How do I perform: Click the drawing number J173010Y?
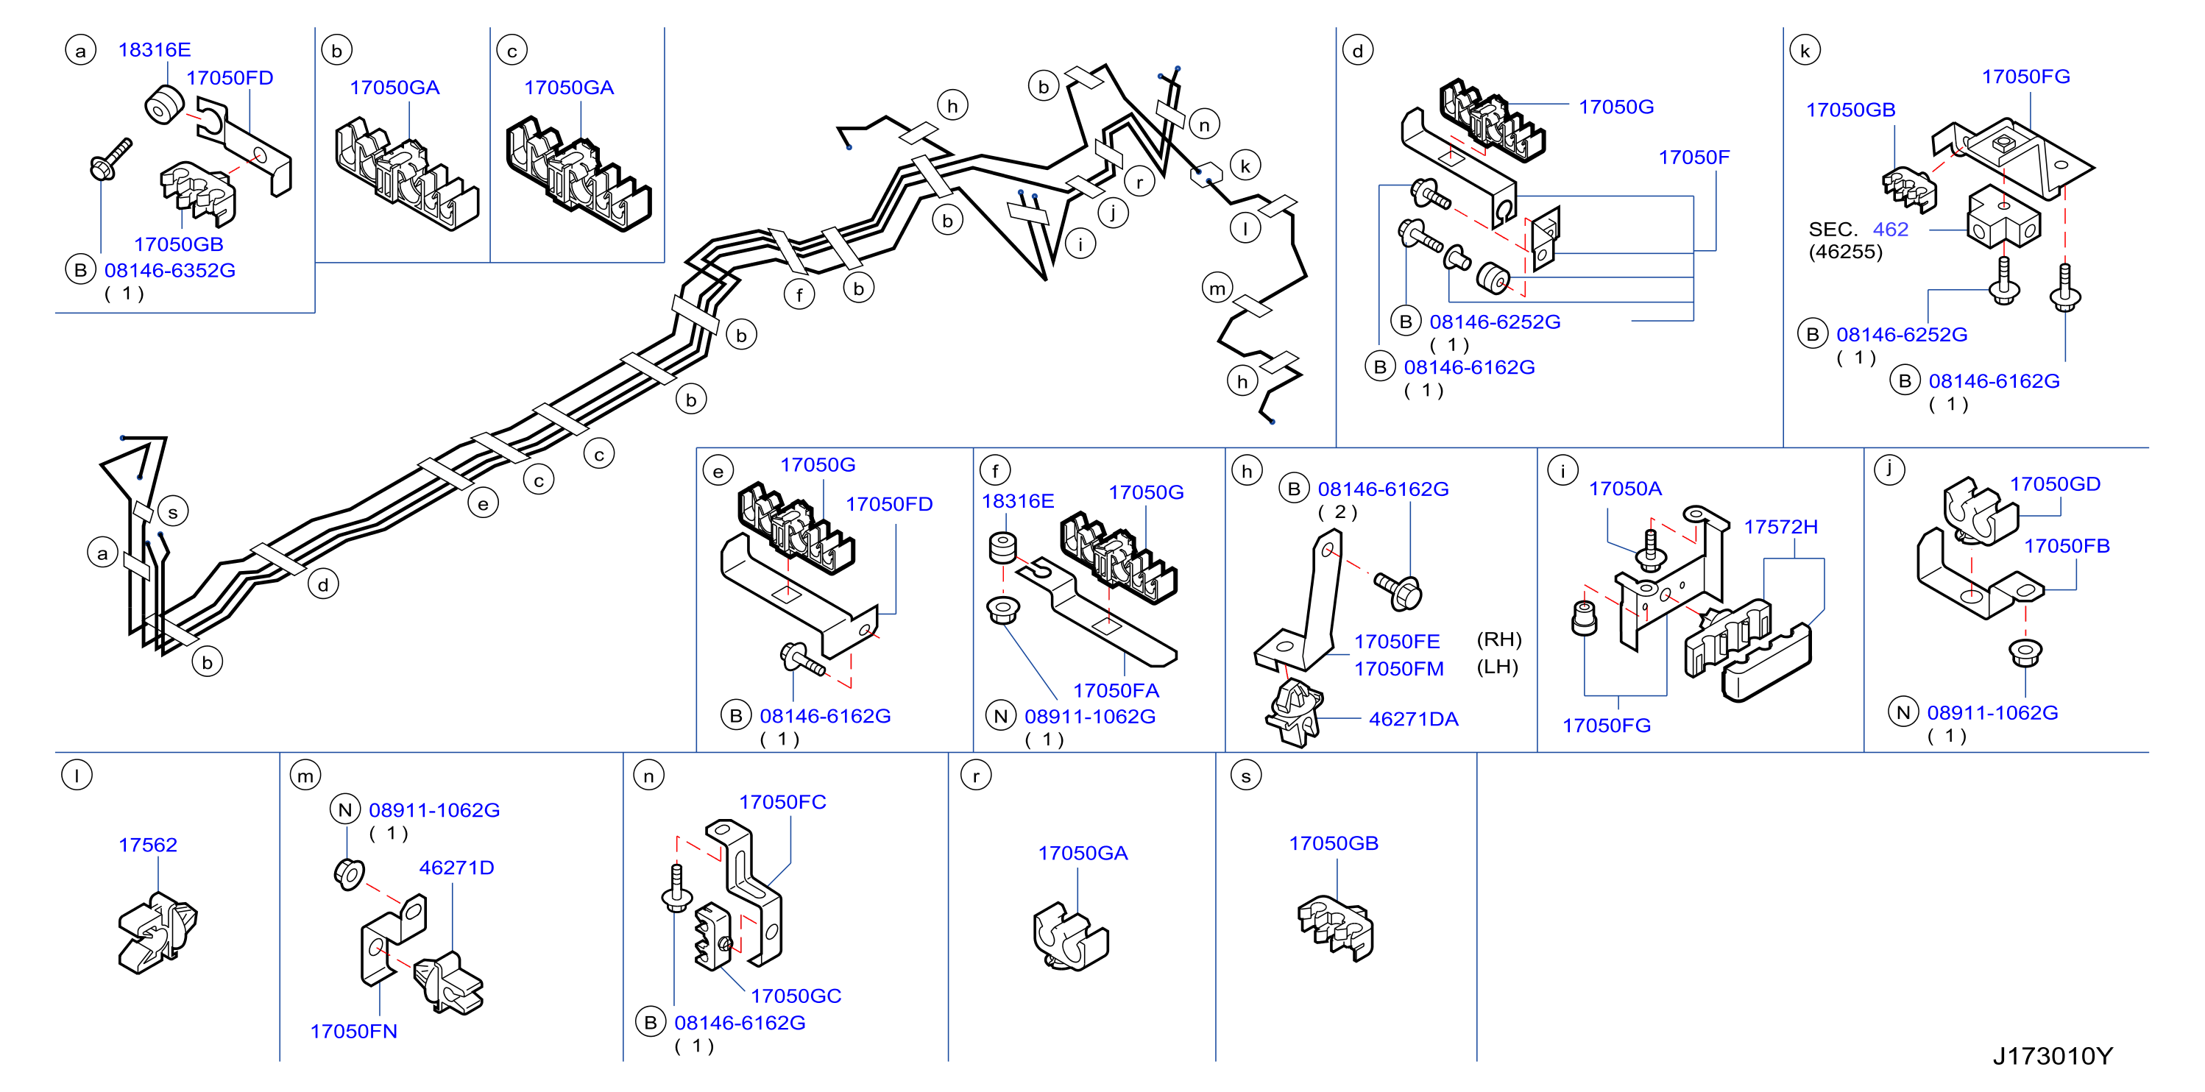2052,1056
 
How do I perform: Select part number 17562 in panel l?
147,845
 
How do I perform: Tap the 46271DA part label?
1413,719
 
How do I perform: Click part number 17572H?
1780,526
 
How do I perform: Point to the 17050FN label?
353,1031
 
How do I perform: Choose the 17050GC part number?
796,996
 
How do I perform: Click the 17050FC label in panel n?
782,802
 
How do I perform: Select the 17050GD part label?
2055,483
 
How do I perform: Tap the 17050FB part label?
2067,546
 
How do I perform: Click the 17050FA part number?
1116,691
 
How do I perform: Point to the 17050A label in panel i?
1626,489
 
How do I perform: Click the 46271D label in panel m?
456,868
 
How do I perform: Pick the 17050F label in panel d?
1694,157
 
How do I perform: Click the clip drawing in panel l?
158,933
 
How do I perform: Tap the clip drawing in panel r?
1071,936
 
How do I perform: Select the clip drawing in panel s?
1335,928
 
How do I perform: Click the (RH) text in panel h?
1498,639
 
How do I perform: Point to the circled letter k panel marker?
1805,51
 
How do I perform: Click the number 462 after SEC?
1890,230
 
